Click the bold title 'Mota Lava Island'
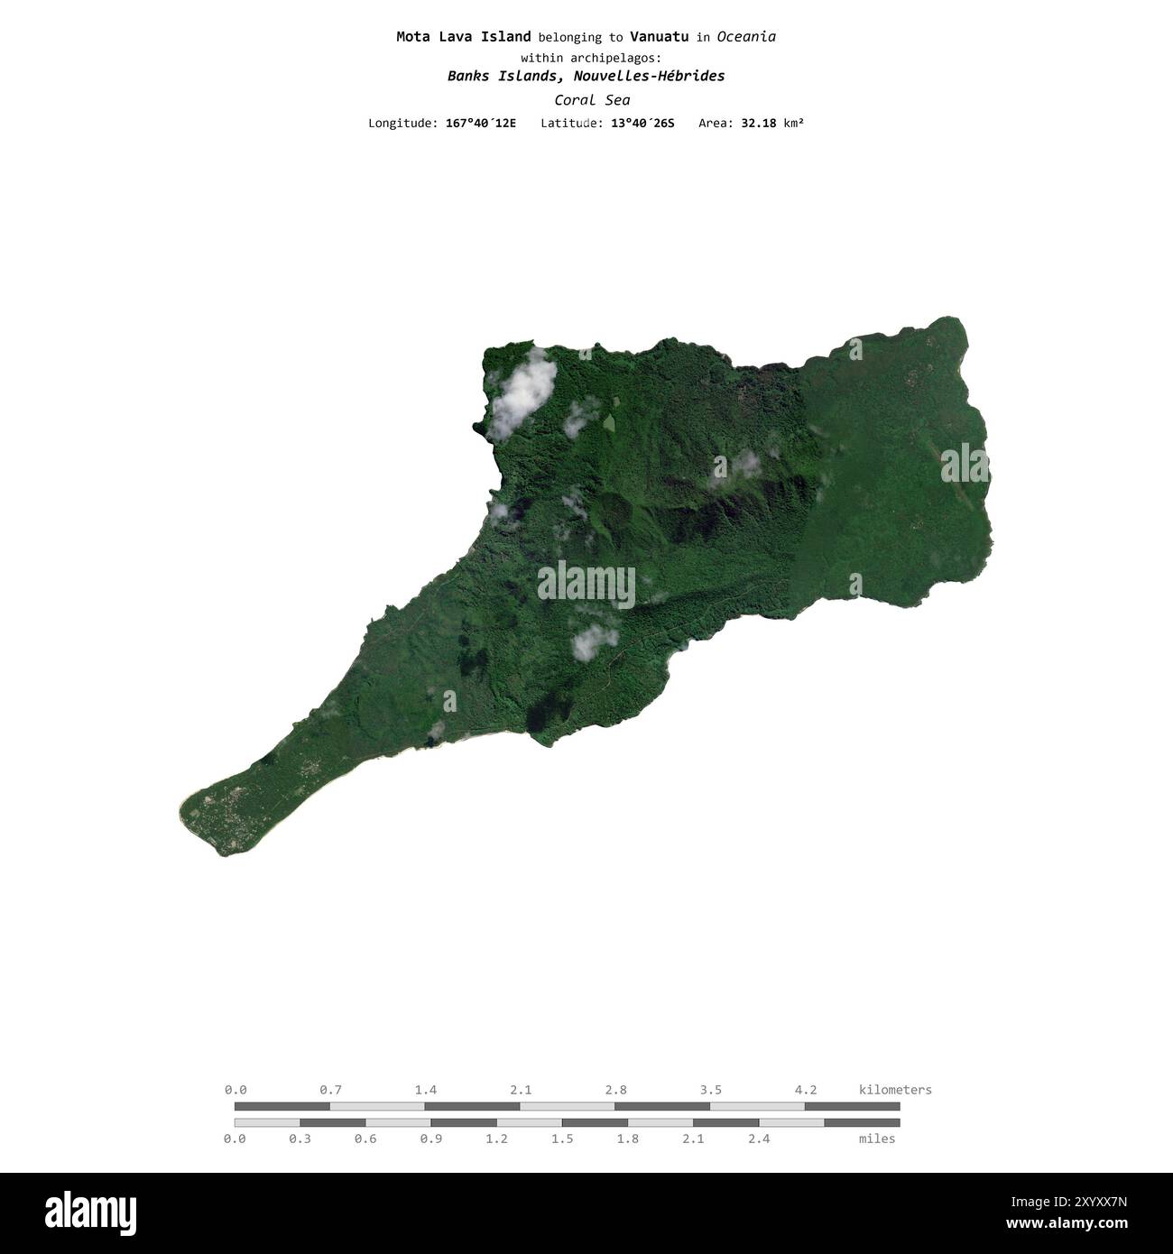pos(463,37)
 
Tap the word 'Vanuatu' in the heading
pos(659,37)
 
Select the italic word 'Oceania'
pos(747,37)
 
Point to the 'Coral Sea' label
pos(592,100)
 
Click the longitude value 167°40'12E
pos(481,123)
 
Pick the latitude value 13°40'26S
pos(642,123)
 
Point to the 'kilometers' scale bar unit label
pos(895,1090)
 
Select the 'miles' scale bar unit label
pos(877,1139)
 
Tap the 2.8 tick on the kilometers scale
pos(616,1090)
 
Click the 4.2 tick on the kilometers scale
pos(806,1090)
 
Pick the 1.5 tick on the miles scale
pos(562,1139)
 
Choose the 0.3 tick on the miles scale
pos(300,1139)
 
